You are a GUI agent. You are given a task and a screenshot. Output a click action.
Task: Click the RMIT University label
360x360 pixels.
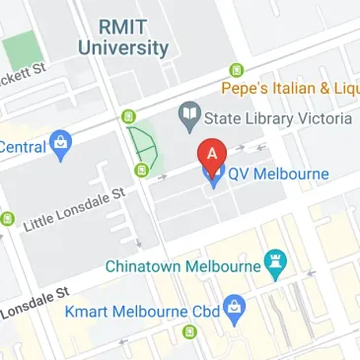pyautogui.click(x=123, y=36)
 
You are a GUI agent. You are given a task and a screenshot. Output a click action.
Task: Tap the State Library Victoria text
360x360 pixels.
pyautogui.click(x=277, y=119)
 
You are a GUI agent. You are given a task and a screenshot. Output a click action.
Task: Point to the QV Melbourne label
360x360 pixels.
pyautogui.click(x=279, y=175)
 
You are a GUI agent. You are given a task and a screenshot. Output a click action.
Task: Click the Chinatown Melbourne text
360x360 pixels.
pyautogui.click(x=181, y=265)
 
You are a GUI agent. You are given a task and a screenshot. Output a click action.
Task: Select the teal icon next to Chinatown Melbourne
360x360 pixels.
pyautogui.click(x=276, y=264)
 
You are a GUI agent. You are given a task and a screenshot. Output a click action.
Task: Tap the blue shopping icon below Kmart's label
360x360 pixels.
pyautogui.click(x=234, y=312)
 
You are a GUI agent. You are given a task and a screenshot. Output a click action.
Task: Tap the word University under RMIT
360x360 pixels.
pyautogui.click(x=123, y=46)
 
